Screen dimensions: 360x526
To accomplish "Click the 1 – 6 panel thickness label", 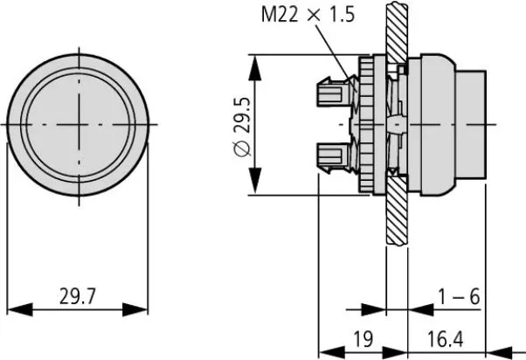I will pyautogui.click(x=460, y=298).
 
